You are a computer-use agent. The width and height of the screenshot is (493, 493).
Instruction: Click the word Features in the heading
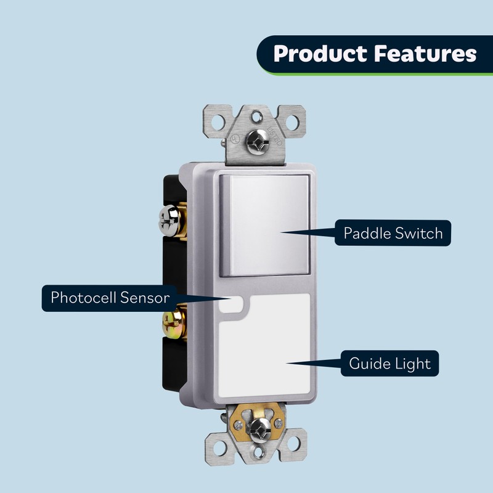pyautogui.click(x=425, y=54)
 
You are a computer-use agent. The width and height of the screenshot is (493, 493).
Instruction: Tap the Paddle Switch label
pyautogui.click(x=393, y=234)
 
